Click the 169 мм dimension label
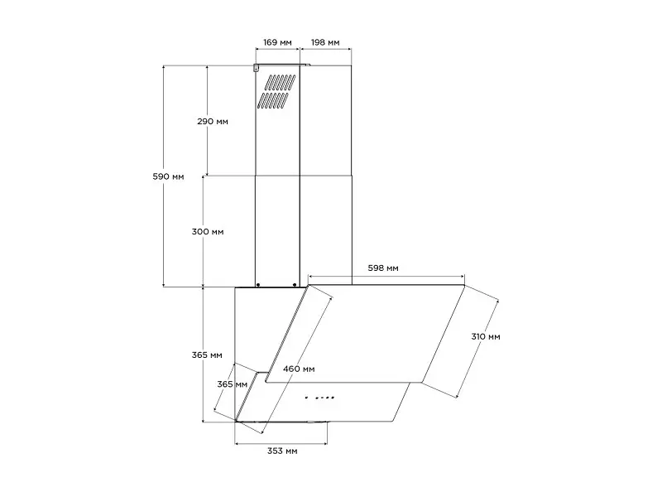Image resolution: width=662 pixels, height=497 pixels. [277, 42]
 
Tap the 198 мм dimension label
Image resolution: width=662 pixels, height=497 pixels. [325, 42]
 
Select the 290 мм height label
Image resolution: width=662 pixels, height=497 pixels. [213, 122]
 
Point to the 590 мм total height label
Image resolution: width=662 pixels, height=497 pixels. [168, 176]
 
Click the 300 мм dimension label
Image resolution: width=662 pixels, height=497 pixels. [208, 232]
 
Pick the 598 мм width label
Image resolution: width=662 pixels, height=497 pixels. [383, 268]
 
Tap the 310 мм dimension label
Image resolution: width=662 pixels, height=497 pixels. [486, 337]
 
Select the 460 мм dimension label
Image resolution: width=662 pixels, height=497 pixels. [299, 369]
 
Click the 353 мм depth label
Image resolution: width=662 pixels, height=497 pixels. [282, 451]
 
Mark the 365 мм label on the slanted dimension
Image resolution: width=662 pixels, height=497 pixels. [233, 384]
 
